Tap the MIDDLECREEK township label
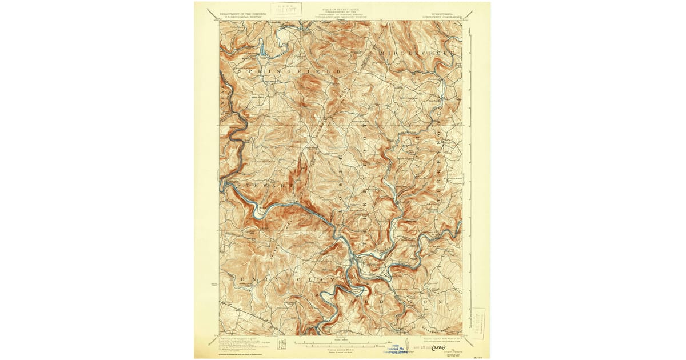click(x=416, y=53)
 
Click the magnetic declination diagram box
click(x=281, y=344)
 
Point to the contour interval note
click(x=342, y=350)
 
